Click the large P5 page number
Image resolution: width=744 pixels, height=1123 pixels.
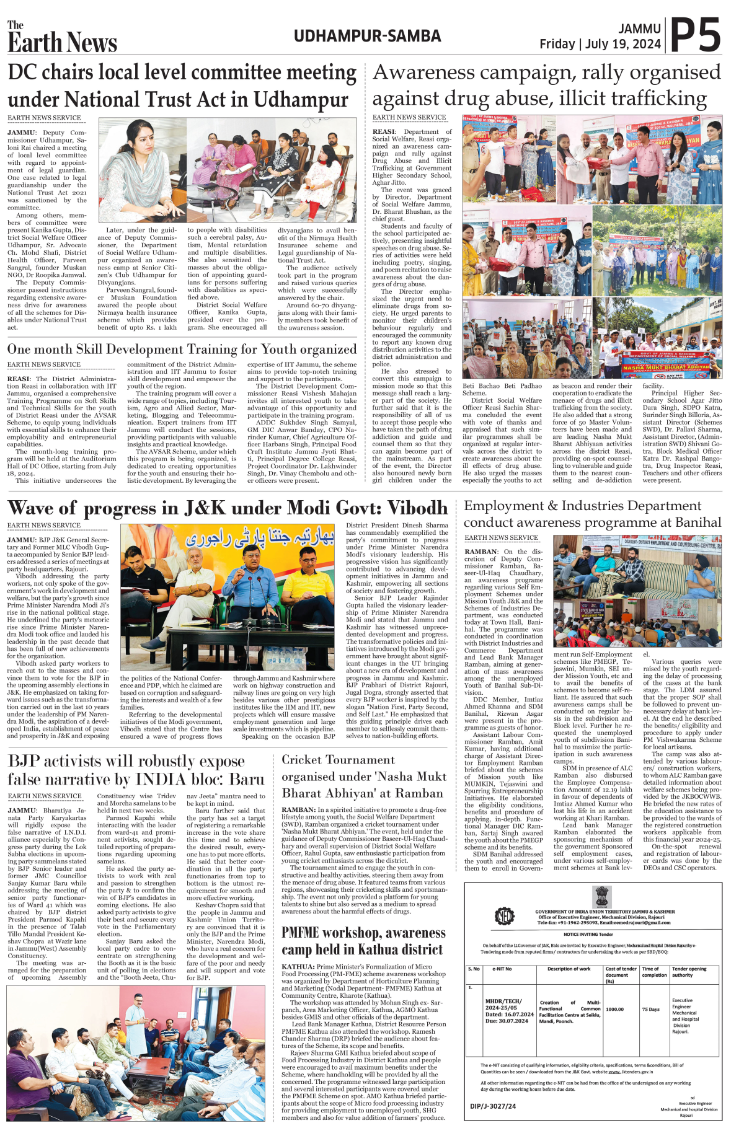coord(696,36)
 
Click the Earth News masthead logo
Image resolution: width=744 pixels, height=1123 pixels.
coord(62,38)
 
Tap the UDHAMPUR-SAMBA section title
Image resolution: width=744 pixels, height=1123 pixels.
coord(367,36)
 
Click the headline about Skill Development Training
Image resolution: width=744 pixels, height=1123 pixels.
coord(182,349)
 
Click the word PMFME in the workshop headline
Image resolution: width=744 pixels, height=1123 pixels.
coord(308,933)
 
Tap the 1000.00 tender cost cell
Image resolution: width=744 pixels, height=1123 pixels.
coord(614,1009)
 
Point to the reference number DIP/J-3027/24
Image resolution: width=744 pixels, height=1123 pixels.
coord(493,1106)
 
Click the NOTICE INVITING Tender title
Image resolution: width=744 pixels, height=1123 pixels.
coord(588,934)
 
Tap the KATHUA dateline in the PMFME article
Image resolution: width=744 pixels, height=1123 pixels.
coord(298,966)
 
